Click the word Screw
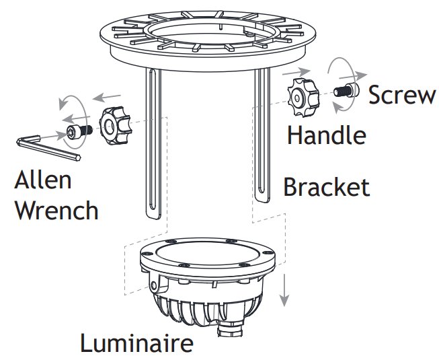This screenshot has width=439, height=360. tap(401, 95)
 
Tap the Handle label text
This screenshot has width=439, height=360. tap(326, 135)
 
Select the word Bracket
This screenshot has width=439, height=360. tap(326, 186)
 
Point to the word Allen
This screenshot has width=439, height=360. tap(43, 180)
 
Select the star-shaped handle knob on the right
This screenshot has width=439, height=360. tap(301, 94)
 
